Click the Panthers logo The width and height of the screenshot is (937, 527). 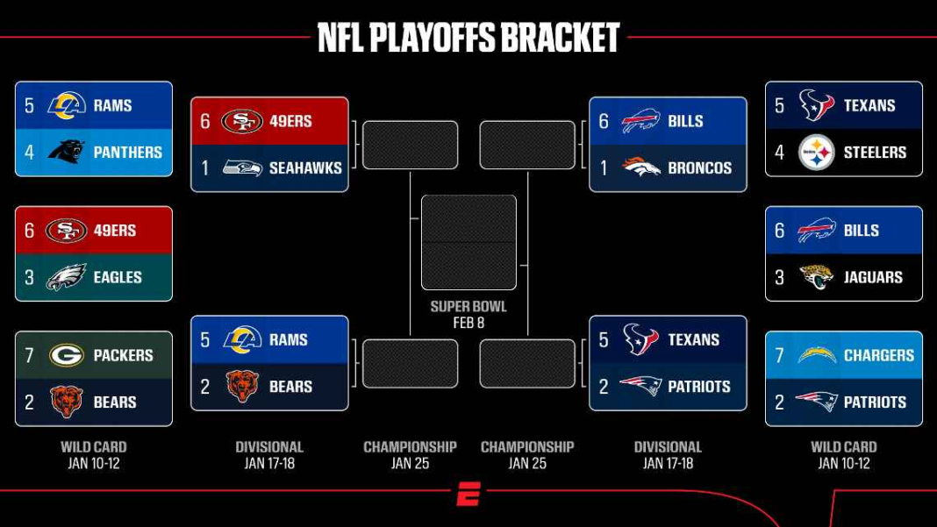[x=67, y=152]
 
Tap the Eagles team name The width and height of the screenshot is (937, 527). [x=118, y=277]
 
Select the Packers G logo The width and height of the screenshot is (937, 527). [x=67, y=355]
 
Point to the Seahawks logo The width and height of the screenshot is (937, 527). [x=242, y=167]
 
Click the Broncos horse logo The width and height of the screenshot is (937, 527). [x=641, y=167]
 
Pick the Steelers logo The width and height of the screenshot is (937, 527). [x=816, y=153]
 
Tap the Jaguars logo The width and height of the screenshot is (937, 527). [x=816, y=277]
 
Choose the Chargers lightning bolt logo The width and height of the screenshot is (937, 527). [x=817, y=355]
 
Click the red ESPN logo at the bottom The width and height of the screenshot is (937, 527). [x=468, y=495]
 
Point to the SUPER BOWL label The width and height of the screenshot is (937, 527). [x=468, y=307]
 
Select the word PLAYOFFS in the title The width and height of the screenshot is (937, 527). [x=432, y=39]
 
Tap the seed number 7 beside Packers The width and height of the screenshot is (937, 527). [x=29, y=355]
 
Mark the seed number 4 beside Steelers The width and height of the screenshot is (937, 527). [x=779, y=153]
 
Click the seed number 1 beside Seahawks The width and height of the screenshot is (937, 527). [x=205, y=167]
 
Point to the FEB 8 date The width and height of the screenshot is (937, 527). [x=468, y=323]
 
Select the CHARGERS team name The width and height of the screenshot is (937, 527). [x=878, y=355]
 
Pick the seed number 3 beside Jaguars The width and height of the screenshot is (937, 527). [x=779, y=277]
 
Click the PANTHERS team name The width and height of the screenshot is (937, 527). [x=128, y=153]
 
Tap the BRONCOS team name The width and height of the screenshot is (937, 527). [x=700, y=167]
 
